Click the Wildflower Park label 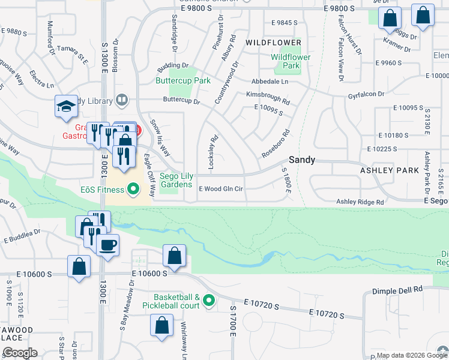pos(291,61)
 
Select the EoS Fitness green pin pos(134,190)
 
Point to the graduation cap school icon pos(67,106)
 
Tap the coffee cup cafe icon pos(107,245)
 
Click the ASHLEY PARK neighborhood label pos(389,170)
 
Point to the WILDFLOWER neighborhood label pos(273,43)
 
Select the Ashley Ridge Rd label pos(360,202)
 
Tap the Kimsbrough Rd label pos(268,94)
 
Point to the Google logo pos(19,352)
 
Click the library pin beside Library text pos(122,100)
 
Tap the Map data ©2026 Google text pos(404,355)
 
